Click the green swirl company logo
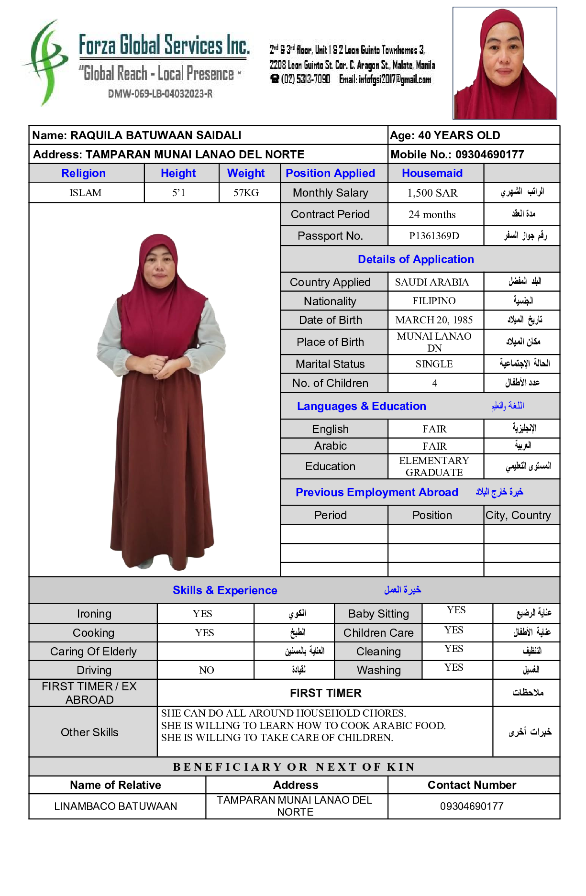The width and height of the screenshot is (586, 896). [x=45, y=62]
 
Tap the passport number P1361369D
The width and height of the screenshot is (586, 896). [x=434, y=236]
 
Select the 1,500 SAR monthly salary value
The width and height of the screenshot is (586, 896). [x=432, y=193]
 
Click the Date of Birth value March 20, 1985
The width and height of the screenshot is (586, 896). [x=434, y=320]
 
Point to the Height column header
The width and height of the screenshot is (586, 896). [x=178, y=173]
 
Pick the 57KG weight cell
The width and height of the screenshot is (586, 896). [x=246, y=193]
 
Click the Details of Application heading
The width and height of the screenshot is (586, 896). [x=416, y=259]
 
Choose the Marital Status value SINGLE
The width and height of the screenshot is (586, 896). [x=434, y=364]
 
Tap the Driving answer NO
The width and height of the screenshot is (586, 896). [x=206, y=670]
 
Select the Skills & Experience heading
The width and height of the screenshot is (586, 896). [x=225, y=590]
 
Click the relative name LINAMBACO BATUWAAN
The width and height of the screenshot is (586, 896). [x=116, y=806]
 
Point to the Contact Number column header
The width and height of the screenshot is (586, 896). [x=472, y=785]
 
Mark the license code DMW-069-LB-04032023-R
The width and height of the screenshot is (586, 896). [x=160, y=94]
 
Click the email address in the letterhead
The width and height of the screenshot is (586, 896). [x=385, y=79]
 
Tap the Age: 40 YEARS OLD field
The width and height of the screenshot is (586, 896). [x=445, y=135]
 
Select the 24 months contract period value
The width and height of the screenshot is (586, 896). [x=432, y=214]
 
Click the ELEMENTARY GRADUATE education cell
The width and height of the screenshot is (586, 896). [x=434, y=466]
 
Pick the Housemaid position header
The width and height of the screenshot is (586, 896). [x=432, y=173]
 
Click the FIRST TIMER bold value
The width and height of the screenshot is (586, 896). [x=325, y=693]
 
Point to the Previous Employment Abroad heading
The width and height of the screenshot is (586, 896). [x=377, y=492]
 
